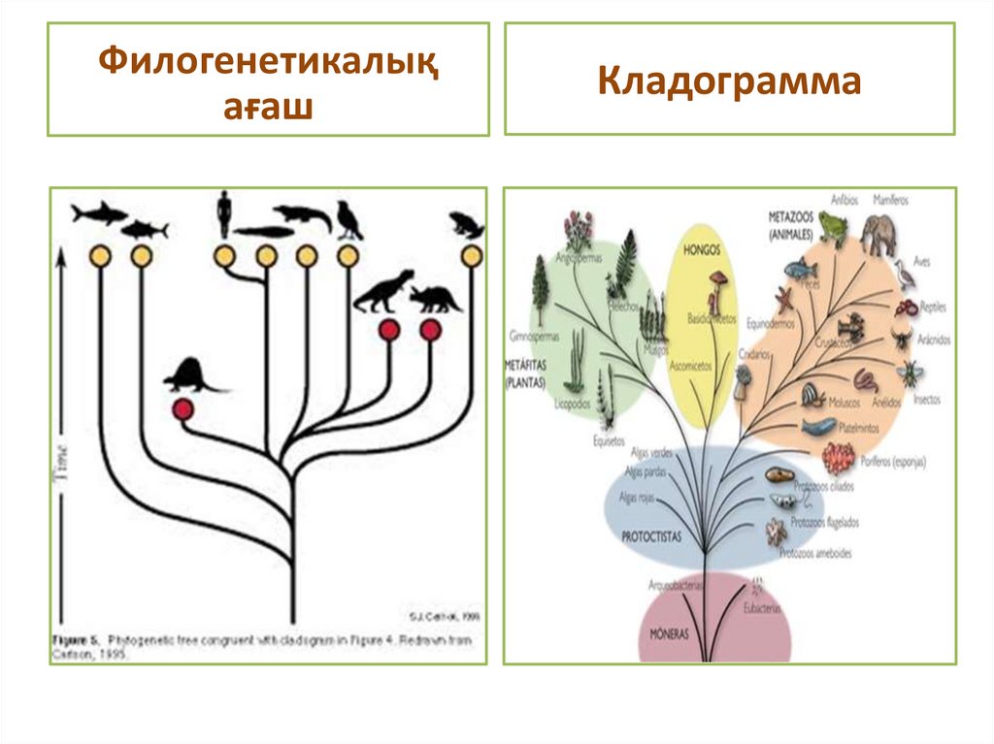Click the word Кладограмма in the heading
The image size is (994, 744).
pyautogui.click(x=729, y=81)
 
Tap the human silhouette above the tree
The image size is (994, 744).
pyautogui.click(x=224, y=212)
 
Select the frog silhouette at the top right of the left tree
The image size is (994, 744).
pyautogui.click(x=467, y=226)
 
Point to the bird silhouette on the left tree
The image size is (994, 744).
pyautogui.click(x=348, y=220)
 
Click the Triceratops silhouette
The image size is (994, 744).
pyautogui.click(x=435, y=299)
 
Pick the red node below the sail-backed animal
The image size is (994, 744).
pyautogui.click(x=182, y=409)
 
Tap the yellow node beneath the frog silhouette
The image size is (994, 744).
pyautogui.click(x=472, y=256)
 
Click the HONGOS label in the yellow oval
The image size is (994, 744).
pyautogui.click(x=701, y=249)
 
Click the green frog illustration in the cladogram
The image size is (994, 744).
pyautogui.click(x=832, y=230)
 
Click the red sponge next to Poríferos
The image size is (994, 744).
pyautogui.click(x=838, y=455)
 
